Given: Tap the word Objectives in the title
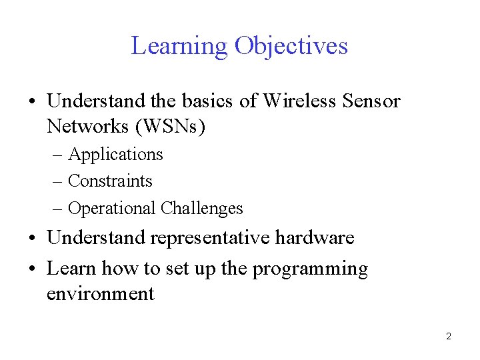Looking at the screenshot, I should click(291, 46).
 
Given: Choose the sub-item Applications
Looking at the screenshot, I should click(115, 154).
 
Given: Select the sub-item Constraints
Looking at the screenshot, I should click(110, 181).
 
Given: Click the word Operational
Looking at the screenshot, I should click(113, 209).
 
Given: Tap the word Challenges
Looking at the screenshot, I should click(202, 209).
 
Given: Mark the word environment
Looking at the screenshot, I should click(100, 293).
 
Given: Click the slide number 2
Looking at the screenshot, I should click(449, 337).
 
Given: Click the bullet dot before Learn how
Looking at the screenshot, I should click(33, 269).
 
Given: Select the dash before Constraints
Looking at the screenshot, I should click(58, 181).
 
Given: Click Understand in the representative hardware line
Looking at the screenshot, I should click(96, 237).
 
